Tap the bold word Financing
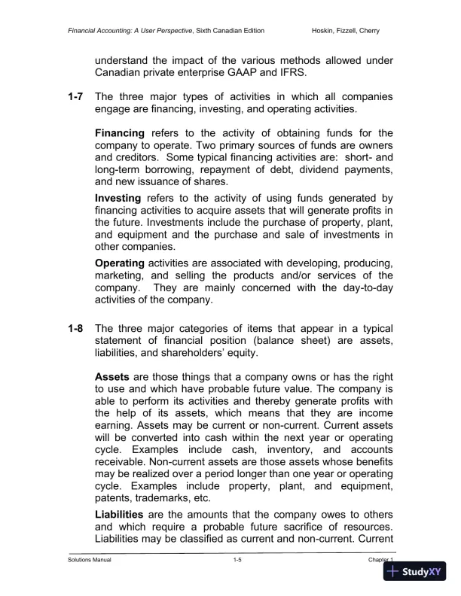[120, 132]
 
